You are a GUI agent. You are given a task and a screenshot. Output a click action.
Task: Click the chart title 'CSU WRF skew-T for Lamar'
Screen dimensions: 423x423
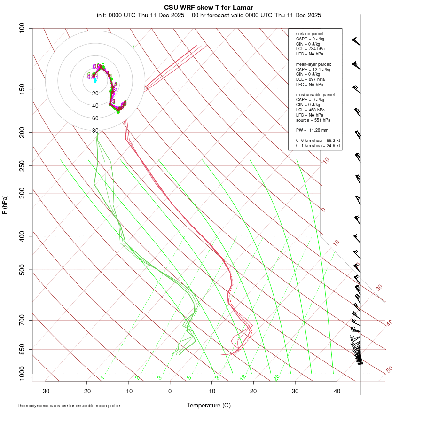coord(209,8)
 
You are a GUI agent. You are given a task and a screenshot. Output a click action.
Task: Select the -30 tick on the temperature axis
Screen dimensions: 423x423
coord(45,391)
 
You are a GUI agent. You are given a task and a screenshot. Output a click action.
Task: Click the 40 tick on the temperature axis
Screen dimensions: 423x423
coord(337,391)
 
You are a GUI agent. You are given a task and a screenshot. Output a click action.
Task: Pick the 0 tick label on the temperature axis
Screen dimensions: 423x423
coord(170,391)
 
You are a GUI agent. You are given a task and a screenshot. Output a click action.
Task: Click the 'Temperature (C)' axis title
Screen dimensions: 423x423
coord(209,405)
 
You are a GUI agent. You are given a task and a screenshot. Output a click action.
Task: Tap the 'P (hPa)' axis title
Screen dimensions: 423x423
coord(5,204)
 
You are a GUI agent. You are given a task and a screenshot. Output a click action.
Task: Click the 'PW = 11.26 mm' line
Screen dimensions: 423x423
coord(312,130)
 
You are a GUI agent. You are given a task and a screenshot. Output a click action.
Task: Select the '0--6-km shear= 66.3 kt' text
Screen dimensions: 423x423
coord(318,140)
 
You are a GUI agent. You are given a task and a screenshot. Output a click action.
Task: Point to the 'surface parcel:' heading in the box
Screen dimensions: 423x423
coord(310,34)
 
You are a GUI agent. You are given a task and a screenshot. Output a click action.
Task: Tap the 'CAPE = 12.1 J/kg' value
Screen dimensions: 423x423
coord(313,69)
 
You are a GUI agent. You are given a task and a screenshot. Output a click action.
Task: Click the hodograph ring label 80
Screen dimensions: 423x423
coord(95,131)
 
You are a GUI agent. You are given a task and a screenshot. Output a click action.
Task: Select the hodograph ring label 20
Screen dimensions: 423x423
coord(95,94)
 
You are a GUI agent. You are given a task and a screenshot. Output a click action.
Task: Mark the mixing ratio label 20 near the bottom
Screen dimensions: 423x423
coord(277,377)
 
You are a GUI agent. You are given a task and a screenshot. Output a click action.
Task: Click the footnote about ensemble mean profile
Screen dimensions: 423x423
coord(69,405)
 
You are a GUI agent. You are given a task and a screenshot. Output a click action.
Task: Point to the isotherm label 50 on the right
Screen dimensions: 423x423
coord(389,370)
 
